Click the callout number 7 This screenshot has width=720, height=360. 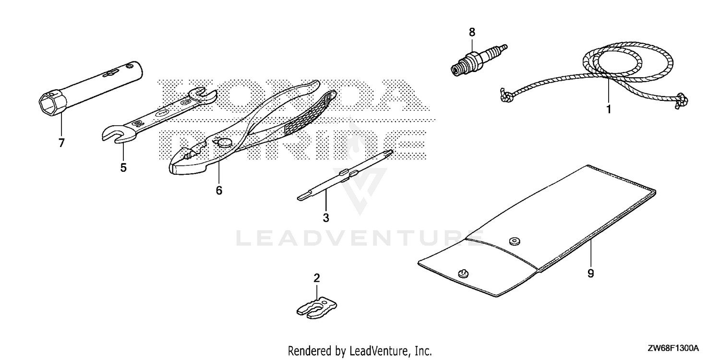(61, 143)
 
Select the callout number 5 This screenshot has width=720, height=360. (123, 168)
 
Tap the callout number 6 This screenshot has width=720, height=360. (219, 191)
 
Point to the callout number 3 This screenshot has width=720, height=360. (326, 218)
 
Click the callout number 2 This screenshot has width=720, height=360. (317, 278)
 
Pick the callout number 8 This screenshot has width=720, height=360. (472, 32)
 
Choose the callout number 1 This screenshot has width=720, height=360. (609, 109)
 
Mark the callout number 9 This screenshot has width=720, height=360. (591, 274)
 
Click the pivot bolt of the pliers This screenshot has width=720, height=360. (221, 142)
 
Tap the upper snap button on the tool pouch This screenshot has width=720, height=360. (515, 241)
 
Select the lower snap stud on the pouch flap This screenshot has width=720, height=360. (463, 273)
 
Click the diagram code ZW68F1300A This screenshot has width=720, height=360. (673, 348)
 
